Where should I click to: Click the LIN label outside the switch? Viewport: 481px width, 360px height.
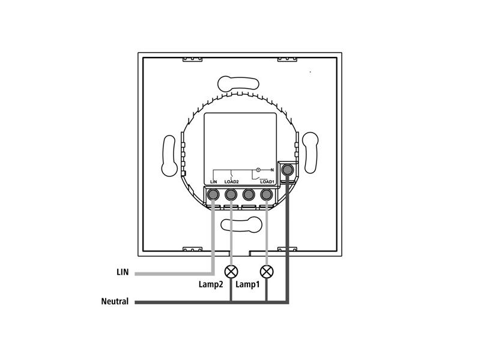[x=122, y=272]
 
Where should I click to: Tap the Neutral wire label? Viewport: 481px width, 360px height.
[x=115, y=301]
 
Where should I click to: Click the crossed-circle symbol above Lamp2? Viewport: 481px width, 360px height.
[x=231, y=270]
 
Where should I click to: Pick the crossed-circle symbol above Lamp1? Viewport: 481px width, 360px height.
[x=267, y=270]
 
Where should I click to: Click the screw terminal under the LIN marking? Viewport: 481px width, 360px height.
[x=213, y=195]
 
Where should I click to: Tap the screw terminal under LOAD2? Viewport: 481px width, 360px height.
[x=231, y=195]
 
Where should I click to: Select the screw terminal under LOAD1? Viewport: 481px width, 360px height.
[x=266, y=195]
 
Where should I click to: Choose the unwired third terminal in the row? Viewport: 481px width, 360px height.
[x=248, y=195]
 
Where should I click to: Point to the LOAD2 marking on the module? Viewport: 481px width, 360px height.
[x=232, y=181]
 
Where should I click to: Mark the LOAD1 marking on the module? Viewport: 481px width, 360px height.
[x=267, y=181]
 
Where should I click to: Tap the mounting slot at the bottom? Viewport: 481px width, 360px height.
[x=241, y=224]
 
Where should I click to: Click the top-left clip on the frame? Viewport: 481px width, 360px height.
[x=192, y=58]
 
